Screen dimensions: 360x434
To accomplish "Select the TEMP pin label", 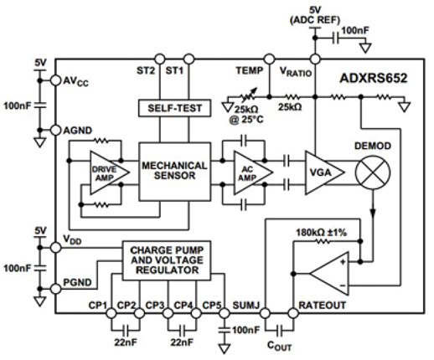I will [251, 72].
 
